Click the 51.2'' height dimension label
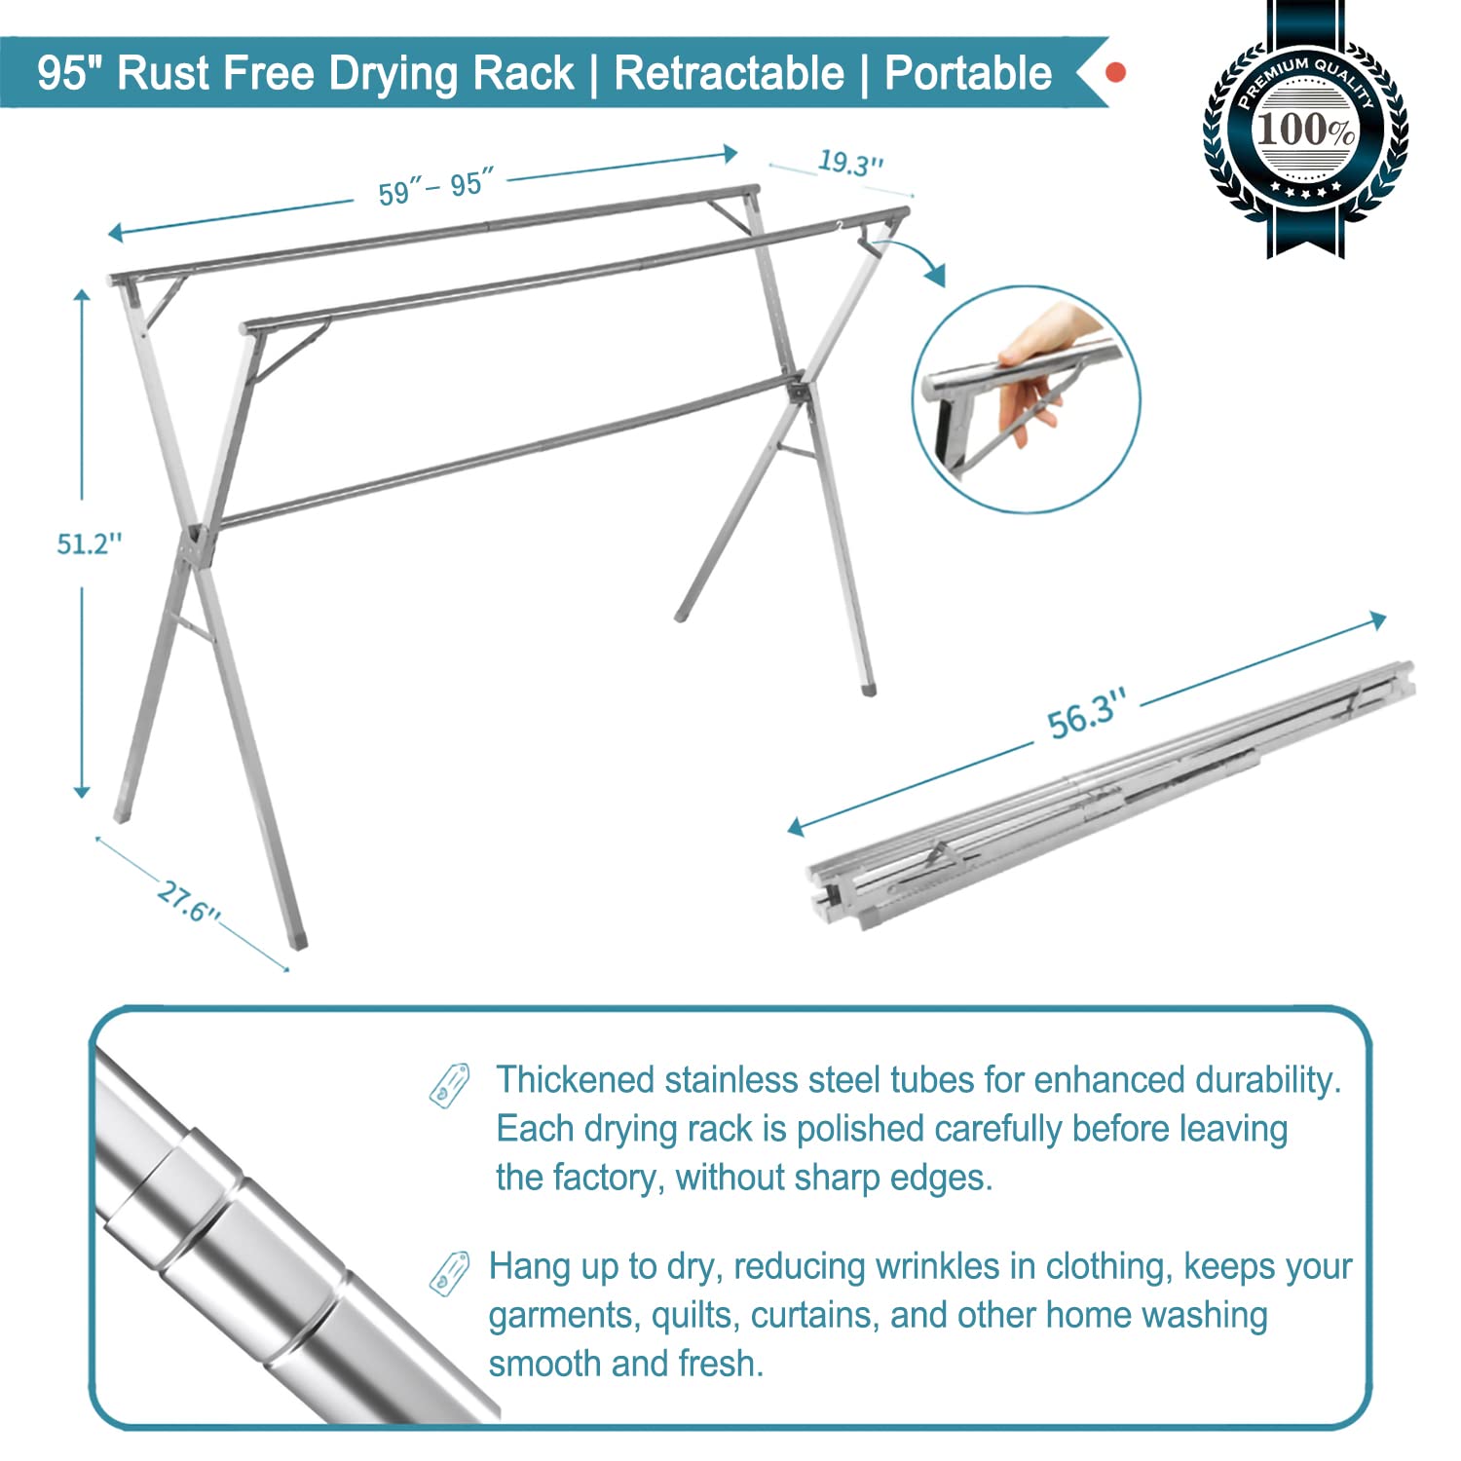tap(89, 543)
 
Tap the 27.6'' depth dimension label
tap(188, 902)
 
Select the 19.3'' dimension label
tap(849, 162)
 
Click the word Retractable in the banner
tap(729, 74)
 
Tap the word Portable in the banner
tap(967, 74)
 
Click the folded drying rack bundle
tap(1110, 794)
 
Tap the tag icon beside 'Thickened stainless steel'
tap(450, 1084)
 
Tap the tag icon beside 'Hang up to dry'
tap(450, 1271)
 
